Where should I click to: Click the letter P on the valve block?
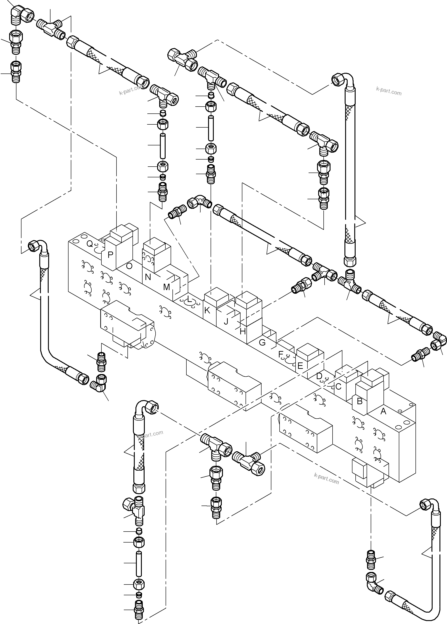click(110, 255)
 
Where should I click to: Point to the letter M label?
click(166, 287)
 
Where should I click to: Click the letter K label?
click(207, 310)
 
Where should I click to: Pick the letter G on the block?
click(262, 343)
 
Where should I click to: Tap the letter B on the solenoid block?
click(360, 401)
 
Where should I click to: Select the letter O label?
click(129, 266)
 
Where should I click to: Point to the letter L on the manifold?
click(189, 299)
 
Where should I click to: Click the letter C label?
click(338, 386)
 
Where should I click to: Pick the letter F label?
click(281, 354)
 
